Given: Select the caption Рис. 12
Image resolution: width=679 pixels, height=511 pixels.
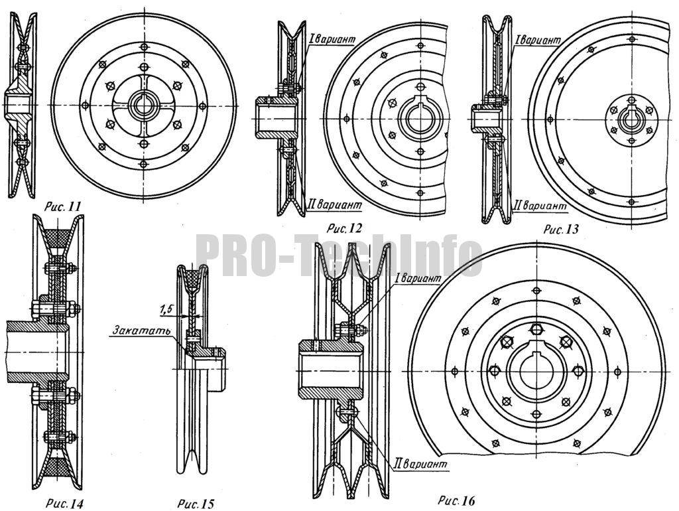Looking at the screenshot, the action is [344, 228].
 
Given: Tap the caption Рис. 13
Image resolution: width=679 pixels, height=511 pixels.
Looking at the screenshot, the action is [560, 229].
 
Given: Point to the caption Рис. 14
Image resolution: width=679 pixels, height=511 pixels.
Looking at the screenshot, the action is [64, 504].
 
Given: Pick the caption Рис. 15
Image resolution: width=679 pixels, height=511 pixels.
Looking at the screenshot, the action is [196, 504].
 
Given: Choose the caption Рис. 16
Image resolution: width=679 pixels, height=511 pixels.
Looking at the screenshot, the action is [456, 501].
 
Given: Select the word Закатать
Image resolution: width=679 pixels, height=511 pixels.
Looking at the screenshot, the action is [142, 330].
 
